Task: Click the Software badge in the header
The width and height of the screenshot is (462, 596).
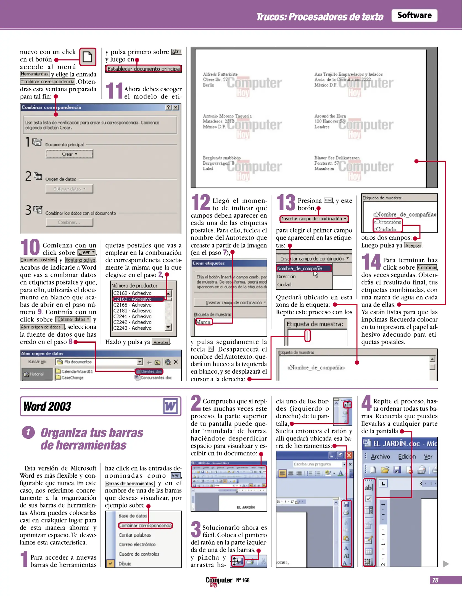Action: tap(414, 15)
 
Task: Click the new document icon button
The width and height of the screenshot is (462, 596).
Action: tap(88, 57)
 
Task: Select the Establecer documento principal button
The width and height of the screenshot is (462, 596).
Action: tap(143, 69)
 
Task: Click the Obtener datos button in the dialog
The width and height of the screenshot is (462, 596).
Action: tap(69, 189)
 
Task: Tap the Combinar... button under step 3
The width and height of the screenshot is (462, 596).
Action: tap(69, 222)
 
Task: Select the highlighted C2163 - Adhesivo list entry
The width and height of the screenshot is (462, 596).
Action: tap(138, 299)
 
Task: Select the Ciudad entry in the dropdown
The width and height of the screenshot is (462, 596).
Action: tap(284, 284)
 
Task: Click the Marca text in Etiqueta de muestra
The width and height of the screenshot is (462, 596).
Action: tap(204, 322)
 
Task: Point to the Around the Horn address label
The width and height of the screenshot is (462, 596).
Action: tap(330, 121)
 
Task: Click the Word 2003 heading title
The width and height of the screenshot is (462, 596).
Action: tap(47, 406)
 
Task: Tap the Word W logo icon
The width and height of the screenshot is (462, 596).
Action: tap(170, 406)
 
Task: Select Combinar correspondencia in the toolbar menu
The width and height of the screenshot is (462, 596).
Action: tap(145, 525)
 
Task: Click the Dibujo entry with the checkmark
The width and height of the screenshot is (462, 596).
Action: tap(125, 563)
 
